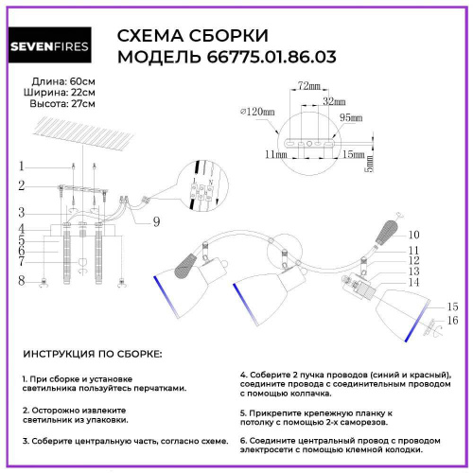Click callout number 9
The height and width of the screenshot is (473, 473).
click(x=156, y=221)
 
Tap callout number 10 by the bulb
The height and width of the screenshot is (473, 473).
click(x=413, y=235)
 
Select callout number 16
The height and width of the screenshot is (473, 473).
click(x=452, y=322)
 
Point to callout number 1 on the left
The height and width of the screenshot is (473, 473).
click(x=20, y=166)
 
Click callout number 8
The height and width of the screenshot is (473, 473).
click(x=20, y=281)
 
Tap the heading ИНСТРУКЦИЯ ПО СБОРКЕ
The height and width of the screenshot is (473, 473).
click(x=91, y=353)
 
